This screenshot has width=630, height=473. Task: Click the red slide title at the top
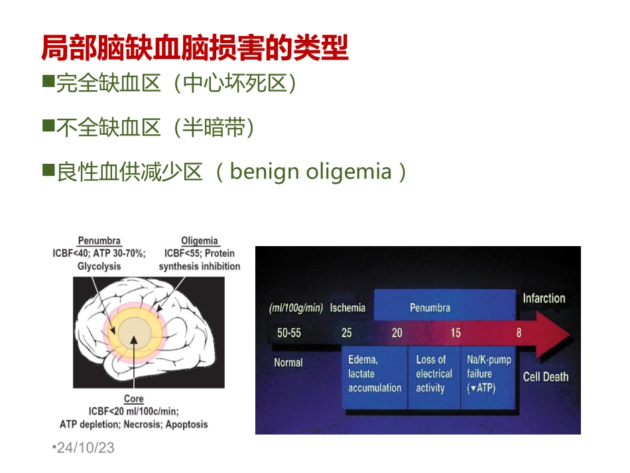tap(194, 48)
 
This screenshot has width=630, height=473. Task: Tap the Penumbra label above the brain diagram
tap(99, 241)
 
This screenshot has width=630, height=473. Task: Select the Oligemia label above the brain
tap(200, 241)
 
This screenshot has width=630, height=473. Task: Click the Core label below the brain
tap(133, 399)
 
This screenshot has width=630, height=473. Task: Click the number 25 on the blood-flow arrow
tap(346, 332)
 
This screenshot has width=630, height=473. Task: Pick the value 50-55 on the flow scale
tap(288, 332)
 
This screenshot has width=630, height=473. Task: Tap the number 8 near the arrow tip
tap(519, 332)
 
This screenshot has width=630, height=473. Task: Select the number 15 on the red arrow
tap(455, 332)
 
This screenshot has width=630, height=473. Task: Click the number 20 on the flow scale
tap(397, 332)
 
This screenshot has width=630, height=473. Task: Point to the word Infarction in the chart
tap(544, 298)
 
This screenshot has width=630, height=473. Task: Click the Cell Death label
tap(546, 377)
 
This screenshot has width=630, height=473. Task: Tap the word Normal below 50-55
tap(288, 362)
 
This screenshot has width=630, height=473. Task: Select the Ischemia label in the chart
tap(347, 307)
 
